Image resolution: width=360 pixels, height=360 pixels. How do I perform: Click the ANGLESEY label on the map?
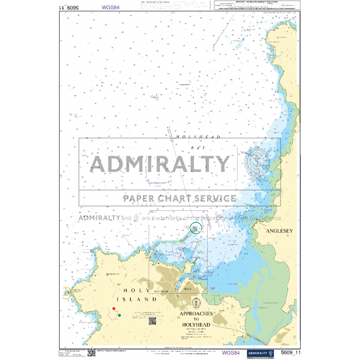pos(279,231)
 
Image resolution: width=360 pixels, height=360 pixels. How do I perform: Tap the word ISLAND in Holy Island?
pos(143,299)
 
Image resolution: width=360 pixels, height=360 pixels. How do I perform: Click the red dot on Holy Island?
pos(113,309)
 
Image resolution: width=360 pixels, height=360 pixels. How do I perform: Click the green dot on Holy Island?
pos(119,315)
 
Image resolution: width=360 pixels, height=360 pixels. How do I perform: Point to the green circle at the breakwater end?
pos(195,229)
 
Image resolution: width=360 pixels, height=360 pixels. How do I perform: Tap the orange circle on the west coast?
pos(66,293)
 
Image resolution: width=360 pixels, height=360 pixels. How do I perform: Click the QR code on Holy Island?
pos(152,321)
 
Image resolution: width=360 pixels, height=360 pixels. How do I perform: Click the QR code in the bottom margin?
pos(91,352)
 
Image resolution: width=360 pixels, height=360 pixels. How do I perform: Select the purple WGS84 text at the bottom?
pos(231,353)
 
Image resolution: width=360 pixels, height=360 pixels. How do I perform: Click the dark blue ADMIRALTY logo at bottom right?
pos(258,353)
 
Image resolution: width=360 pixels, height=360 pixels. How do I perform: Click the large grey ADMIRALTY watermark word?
pos(160,164)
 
